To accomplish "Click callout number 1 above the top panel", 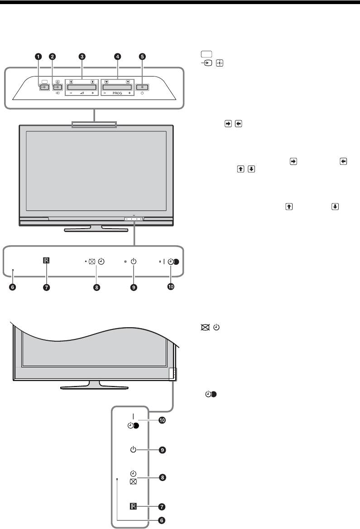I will pos(39,57).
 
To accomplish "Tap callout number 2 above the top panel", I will pos(53,57).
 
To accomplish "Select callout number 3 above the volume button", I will pos(82,57).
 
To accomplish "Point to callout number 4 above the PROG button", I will pos(118,57).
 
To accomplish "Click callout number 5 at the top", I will pos(143,57).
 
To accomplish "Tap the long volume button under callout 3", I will pos(82,87).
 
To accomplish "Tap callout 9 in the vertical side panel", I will pos(162,450).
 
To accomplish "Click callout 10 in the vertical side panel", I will pos(162,420).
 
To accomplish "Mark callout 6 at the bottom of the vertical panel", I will pos(162,520).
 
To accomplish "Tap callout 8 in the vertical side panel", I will pos(162,477).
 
